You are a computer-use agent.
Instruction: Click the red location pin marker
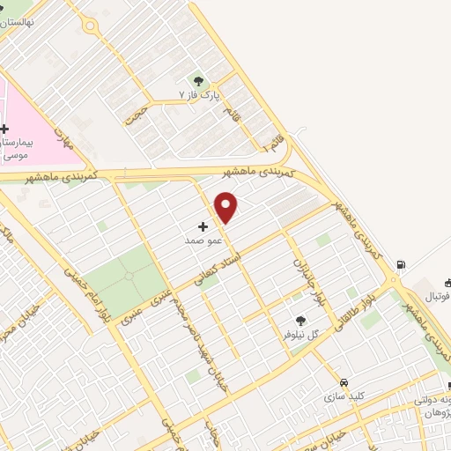[226, 206]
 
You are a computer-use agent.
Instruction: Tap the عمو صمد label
[203, 240]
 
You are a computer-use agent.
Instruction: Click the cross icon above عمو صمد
[203, 226]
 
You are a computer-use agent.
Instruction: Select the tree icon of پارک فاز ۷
[197, 80]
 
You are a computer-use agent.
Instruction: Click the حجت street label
[135, 114]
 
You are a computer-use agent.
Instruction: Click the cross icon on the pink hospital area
[4, 129]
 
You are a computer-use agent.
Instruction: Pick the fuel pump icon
[402, 264]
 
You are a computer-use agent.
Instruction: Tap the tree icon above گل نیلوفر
[300, 322]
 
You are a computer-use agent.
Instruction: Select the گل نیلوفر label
[299, 335]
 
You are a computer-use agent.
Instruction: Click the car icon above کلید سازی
[344, 384]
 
